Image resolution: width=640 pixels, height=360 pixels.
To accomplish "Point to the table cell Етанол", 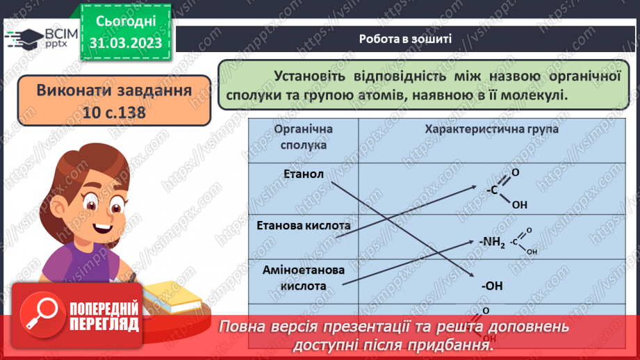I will pyautogui.click(x=304, y=174).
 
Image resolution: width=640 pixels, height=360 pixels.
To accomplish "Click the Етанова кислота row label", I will pyautogui.click(x=304, y=225).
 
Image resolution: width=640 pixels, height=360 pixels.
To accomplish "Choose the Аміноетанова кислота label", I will pyautogui.click(x=304, y=277).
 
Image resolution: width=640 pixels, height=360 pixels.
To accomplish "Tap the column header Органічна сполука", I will pyautogui.click(x=304, y=137).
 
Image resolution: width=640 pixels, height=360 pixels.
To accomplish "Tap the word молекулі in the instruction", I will pyautogui.click(x=536, y=95).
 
